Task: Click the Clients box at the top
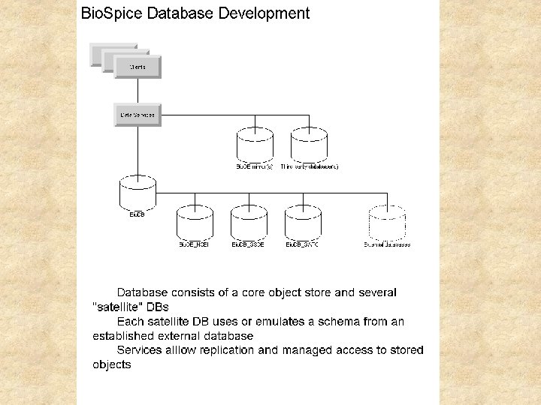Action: pyautogui.click(x=137, y=66)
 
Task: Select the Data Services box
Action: pyautogui.click(x=138, y=115)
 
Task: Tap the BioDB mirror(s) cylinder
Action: pyautogui.click(x=255, y=144)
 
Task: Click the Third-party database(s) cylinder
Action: pyautogui.click(x=309, y=144)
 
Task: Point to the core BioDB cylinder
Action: pyautogui.click(x=138, y=193)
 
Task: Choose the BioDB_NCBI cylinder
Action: pyautogui.click(x=195, y=223)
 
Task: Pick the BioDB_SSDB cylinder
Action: pyautogui.click(x=248, y=223)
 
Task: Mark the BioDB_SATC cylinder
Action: pyautogui.click(x=302, y=223)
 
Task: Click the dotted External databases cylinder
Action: pyautogui.click(x=387, y=223)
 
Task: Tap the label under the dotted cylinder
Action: pyautogui.click(x=387, y=244)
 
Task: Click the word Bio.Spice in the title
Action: pyautogui.click(x=106, y=13)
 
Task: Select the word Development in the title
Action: pyautogui.click(x=264, y=13)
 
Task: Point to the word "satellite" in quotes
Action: pyautogui.click(x=116, y=307)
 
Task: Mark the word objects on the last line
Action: pyautogui.click(x=112, y=364)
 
